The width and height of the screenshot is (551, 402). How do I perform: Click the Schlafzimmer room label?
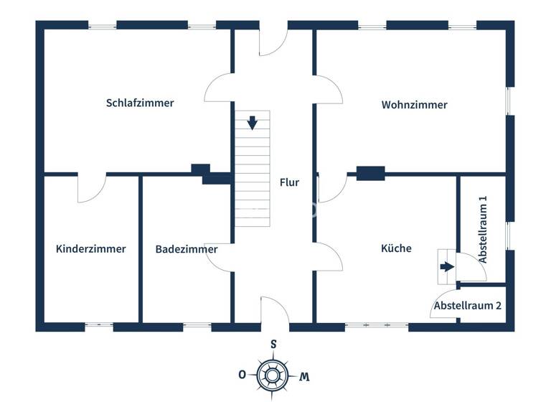click(140, 103)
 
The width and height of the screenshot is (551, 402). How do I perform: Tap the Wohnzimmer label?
click(414, 105)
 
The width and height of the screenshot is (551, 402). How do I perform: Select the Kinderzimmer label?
click(91, 249)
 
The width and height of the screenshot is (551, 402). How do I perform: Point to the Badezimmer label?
click(187, 249)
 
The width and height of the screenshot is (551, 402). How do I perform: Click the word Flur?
click(289, 182)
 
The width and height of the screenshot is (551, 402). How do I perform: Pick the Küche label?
click(396, 248)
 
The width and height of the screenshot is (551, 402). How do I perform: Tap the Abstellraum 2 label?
click(467, 305)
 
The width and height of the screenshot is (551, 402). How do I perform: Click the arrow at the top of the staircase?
click(252, 123)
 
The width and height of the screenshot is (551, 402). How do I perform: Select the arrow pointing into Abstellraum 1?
click(447, 267)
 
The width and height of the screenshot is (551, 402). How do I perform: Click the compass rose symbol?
click(273, 374)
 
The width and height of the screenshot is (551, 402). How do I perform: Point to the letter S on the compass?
click(273, 344)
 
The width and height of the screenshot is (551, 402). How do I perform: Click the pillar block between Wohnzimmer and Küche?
click(370, 173)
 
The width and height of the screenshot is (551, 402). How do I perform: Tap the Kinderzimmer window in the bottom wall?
click(99, 326)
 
